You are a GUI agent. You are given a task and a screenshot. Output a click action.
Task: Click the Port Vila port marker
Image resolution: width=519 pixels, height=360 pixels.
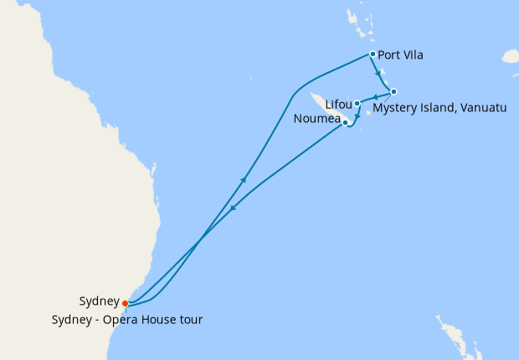(373, 55)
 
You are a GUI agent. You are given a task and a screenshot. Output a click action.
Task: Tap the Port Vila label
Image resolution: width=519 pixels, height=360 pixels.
(400, 56)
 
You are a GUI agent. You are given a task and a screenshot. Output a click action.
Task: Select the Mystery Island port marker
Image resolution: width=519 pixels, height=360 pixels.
(393, 91)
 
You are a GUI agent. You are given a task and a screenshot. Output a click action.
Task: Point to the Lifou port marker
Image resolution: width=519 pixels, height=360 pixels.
(357, 104)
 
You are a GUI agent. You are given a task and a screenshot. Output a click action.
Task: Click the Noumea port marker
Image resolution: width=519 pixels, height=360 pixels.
(346, 122)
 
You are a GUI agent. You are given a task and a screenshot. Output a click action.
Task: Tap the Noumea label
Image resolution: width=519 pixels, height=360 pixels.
(317, 120)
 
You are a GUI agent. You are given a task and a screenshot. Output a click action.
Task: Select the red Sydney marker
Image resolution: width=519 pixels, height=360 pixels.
(125, 303)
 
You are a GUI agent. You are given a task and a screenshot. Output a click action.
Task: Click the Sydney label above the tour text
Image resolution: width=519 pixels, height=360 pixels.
(99, 301)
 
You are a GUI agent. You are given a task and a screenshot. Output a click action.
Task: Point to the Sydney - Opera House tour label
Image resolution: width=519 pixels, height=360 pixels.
(126, 319)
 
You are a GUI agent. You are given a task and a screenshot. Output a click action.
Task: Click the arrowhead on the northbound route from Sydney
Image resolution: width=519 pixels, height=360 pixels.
(244, 178)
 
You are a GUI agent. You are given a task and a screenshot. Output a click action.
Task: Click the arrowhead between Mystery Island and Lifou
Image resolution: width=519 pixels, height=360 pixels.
(375, 97)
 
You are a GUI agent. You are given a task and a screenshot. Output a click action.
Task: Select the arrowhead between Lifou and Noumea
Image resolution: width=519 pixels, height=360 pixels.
(357, 116)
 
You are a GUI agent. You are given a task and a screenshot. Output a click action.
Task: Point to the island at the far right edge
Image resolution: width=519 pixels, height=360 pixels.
(510, 56)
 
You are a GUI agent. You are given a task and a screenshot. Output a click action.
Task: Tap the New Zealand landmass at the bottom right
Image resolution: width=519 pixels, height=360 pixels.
(456, 339)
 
